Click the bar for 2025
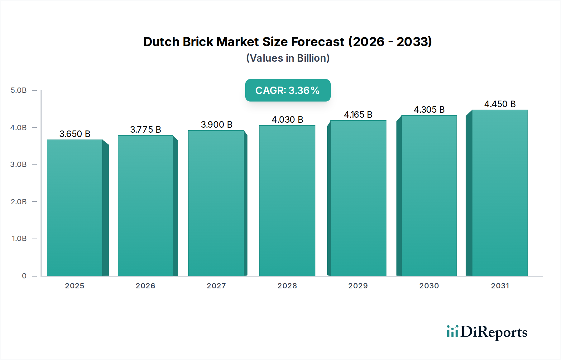click(x=75, y=208)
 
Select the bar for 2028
click(x=287, y=201)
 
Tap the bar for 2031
click(x=500, y=193)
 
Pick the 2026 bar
click(x=146, y=206)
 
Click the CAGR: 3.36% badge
click(x=288, y=90)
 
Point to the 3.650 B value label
click(x=75, y=134)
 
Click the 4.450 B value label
click(x=500, y=104)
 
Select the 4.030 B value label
click(x=287, y=120)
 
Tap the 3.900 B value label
click(x=217, y=125)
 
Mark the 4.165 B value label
click(x=358, y=115)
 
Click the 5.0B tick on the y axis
click(x=19, y=90)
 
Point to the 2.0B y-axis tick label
click(x=19, y=202)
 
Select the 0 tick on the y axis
click(x=24, y=276)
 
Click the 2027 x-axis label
click(x=216, y=286)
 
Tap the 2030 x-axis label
click(x=429, y=286)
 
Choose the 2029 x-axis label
click(x=358, y=286)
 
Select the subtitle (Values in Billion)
click(x=288, y=58)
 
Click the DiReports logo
click(x=487, y=332)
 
